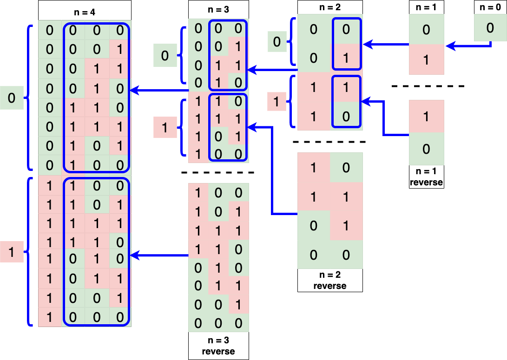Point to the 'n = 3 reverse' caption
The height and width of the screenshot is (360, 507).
click(218, 346)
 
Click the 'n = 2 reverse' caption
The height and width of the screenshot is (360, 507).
click(330, 281)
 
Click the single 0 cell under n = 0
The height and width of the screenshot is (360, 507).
click(490, 28)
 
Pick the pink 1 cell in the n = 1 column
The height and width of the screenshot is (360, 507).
click(426, 60)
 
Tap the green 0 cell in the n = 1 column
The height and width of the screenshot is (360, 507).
click(426, 30)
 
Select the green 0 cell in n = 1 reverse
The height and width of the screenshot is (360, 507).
click(426, 149)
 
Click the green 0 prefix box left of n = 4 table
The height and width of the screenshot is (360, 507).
click(12, 98)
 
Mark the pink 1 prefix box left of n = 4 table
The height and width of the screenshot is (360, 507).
click(12, 252)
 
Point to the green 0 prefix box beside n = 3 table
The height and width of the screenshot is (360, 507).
click(165, 56)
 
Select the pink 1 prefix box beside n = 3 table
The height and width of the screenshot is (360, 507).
click(165, 127)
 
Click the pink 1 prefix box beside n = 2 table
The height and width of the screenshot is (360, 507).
click(277, 102)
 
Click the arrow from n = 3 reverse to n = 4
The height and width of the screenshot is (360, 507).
click(160, 255)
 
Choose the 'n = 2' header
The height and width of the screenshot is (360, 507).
click(330, 7)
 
